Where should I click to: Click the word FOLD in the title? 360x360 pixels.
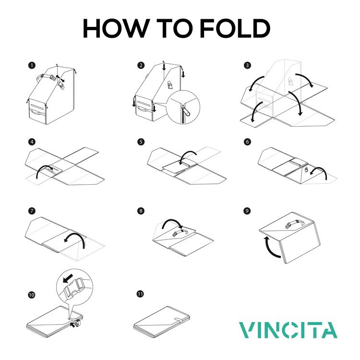click(x=235, y=28)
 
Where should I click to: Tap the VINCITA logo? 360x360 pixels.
click(x=288, y=330)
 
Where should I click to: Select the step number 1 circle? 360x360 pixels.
click(x=32, y=65)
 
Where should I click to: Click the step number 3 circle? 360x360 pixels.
click(x=247, y=65)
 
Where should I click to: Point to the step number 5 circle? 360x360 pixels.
click(x=141, y=142)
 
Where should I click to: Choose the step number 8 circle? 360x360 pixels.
click(x=141, y=211)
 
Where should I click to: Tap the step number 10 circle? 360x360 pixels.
click(x=32, y=295)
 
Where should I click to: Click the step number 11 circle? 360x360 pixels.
click(x=140, y=294)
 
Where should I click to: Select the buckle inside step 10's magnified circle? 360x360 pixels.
click(x=74, y=288)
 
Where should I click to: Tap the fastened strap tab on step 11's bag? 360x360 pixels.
click(x=179, y=320)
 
